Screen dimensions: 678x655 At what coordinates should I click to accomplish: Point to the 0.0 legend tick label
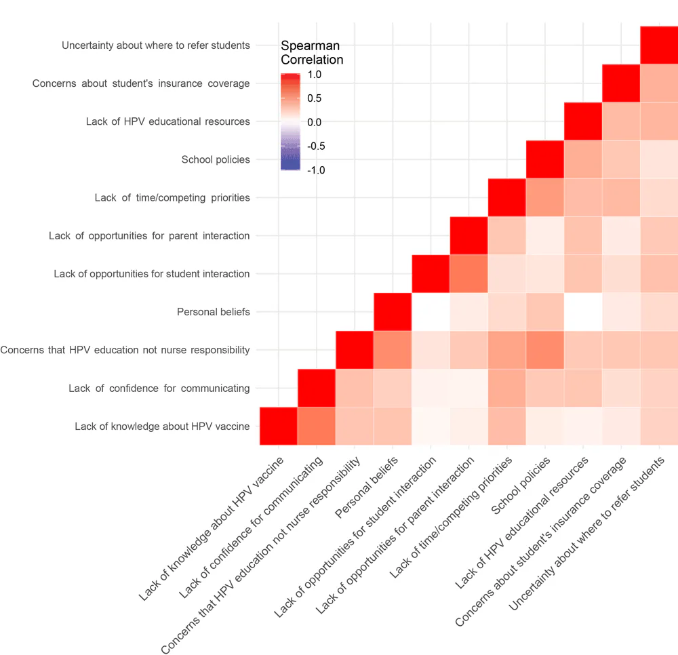(x=315, y=122)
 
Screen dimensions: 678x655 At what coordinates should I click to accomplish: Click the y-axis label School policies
(x=216, y=160)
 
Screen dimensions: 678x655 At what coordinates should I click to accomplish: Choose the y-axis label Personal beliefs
(x=213, y=312)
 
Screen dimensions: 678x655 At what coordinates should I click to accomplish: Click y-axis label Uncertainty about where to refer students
(x=155, y=45)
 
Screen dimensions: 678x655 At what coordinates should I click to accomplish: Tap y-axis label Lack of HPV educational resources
(x=167, y=121)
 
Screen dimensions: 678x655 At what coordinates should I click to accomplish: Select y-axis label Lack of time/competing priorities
(x=172, y=198)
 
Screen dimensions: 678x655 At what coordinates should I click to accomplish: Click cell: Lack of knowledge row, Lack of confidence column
(x=317, y=426)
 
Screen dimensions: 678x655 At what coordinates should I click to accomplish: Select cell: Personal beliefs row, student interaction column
(x=431, y=312)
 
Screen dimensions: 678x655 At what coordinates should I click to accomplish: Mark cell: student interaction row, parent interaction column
(x=468, y=274)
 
